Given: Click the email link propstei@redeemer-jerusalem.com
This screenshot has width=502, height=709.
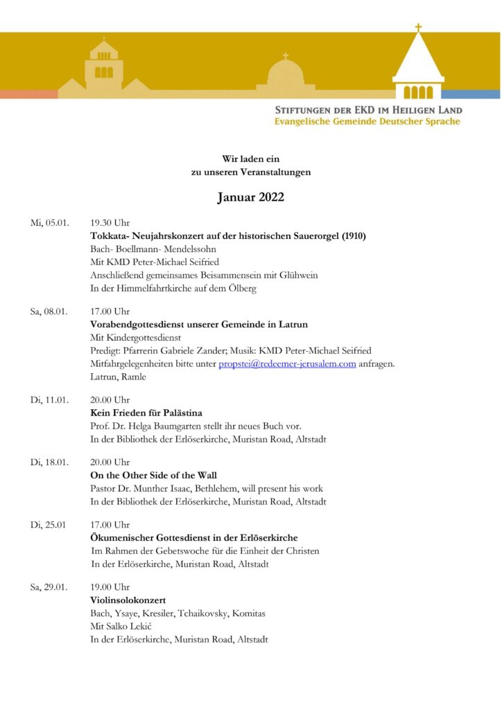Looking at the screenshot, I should click(x=287, y=364).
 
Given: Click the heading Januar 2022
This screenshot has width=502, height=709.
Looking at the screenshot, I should click(x=250, y=197).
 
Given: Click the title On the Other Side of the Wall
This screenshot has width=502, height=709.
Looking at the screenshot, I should click(x=154, y=476).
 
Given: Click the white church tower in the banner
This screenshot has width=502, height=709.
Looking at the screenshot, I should click(x=418, y=69).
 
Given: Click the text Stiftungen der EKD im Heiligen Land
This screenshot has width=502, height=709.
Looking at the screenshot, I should click(x=368, y=110).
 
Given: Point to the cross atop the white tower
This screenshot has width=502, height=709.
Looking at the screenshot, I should click(x=418, y=28).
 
